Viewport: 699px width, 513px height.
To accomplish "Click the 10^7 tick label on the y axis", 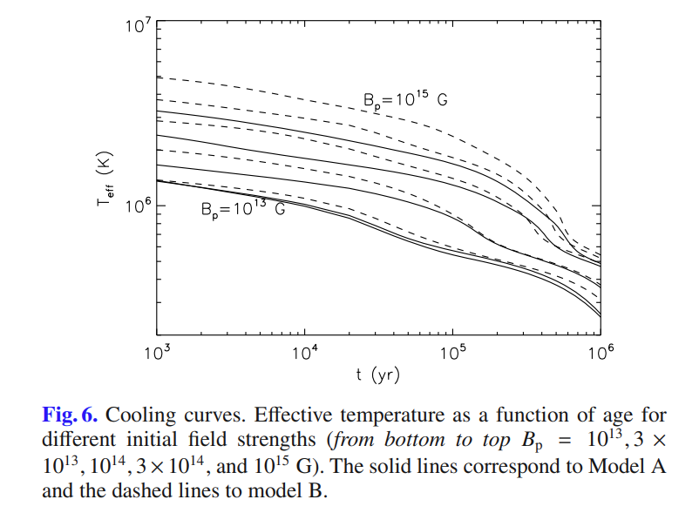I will pos(139,24).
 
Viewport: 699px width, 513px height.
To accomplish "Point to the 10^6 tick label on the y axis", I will pos(139,206).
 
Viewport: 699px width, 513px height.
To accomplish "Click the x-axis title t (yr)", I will pos(378,375).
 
